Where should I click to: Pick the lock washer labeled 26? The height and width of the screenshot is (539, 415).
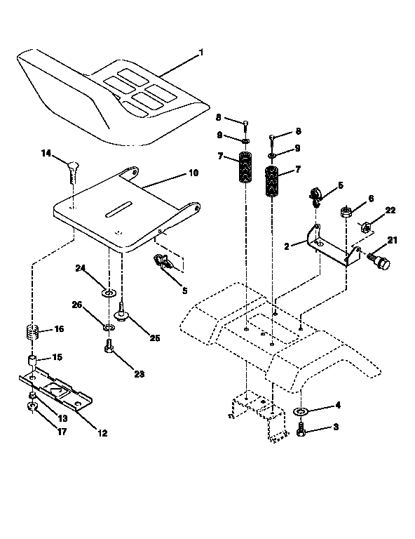(x=109, y=327)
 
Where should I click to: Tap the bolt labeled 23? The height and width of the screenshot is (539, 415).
(x=109, y=345)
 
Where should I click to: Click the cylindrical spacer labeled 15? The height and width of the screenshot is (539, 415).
(x=32, y=362)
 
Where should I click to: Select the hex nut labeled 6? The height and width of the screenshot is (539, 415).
(x=346, y=211)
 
